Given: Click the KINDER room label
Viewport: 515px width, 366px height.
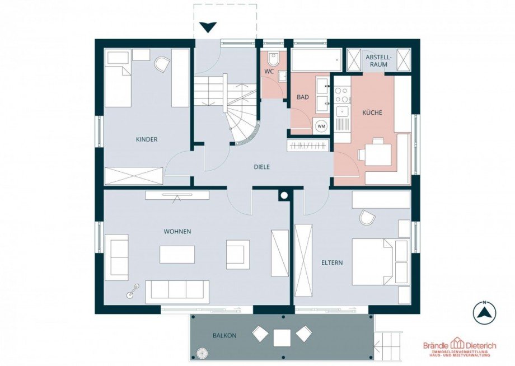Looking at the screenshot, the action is (x=147, y=139).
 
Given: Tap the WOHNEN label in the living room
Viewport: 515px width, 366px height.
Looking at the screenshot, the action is (x=177, y=232).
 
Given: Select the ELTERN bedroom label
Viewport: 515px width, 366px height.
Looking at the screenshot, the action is (x=332, y=262).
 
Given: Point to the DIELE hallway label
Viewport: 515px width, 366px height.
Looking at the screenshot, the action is (x=262, y=167).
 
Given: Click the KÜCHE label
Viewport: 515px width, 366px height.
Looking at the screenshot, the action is (x=372, y=112).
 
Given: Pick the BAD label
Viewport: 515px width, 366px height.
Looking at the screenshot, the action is (x=302, y=97).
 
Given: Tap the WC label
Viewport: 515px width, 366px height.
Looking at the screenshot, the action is (x=269, y=72).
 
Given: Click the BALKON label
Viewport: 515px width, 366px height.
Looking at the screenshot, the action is (x=224, y=335).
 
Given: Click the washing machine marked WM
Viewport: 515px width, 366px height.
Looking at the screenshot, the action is (x=321, y=126).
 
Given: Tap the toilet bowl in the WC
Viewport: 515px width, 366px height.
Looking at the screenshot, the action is (x=273, y=59).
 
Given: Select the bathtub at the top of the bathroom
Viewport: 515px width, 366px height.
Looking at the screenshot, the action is (x=315, y=60).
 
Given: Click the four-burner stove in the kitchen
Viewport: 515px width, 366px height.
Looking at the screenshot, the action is (x=342, y=94).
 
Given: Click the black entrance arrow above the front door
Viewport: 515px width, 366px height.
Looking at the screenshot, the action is (x=209, y=27).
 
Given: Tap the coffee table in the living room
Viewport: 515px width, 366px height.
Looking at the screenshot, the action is (x=177, y=255).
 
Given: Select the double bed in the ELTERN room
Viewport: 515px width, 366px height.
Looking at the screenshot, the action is (x=372, y=261).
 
